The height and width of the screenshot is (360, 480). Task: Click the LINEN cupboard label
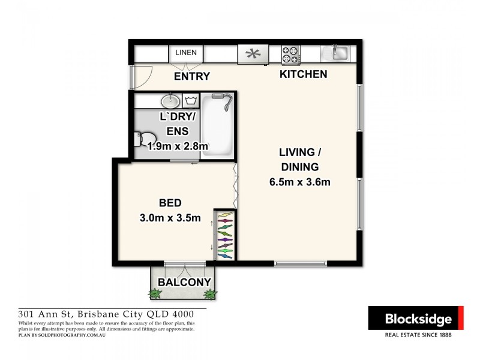pyautogui.click(x=186, y=53)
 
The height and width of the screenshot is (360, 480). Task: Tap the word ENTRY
pyautogui.click(x=192, y=76)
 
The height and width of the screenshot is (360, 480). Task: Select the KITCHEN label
pyautogui.click(x=303, y=74)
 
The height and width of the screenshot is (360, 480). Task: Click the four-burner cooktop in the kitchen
pyautogui.click(x=290, y=55)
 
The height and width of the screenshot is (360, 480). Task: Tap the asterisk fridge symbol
pyautogui.click(x=253, y=55)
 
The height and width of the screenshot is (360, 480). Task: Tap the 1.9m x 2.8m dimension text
pyautogui.click(x=178, y=146)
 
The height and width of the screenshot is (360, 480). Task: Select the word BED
pyautogui.click(x=170, y=203)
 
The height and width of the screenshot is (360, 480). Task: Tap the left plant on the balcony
pyautogui.click(x=156, y=293)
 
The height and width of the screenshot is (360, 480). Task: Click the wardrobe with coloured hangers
pyautogui.click(x=224, y=235)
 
